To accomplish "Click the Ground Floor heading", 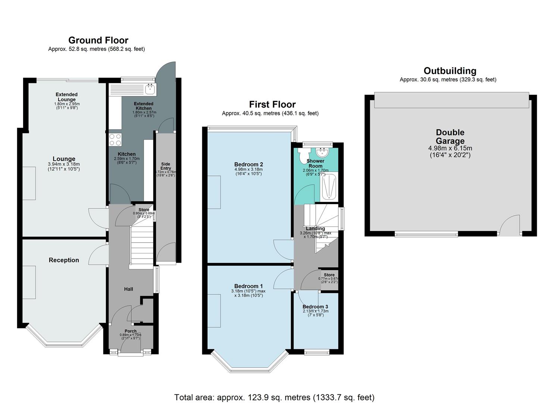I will tap(98, 40).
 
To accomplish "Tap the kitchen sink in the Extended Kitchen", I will tap(151, 89).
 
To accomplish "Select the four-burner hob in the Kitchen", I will tap(115, 140).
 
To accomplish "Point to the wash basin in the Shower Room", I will tap(322, 152).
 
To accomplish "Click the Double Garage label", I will tap(450, 137).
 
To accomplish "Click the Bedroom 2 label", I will tap(248, 164).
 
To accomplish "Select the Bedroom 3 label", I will tap(315, 307).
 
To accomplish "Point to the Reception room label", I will tap(64, 260).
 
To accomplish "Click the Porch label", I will tap(131, 331).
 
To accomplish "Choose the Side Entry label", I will tap(166, 166).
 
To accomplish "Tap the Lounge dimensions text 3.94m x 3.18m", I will tap(64, 164).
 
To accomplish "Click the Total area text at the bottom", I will tap(274, 397).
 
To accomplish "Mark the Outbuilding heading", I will tap(450, 71).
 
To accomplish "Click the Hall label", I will tap(128, 289).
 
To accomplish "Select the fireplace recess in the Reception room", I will tap(29, 282).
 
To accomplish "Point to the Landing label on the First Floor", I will tap(315, 228).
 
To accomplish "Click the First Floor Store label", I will tap(329, 275).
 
